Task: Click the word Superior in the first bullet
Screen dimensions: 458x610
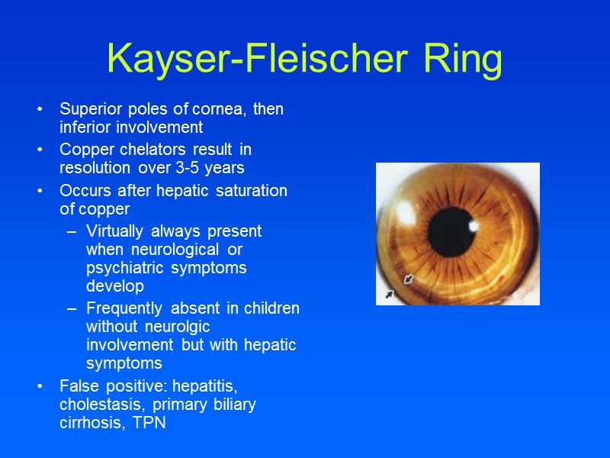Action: (x=89, y=109)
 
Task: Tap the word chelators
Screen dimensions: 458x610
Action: (x=147, y=149)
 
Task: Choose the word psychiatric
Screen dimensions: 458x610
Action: (x=124, y=269)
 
